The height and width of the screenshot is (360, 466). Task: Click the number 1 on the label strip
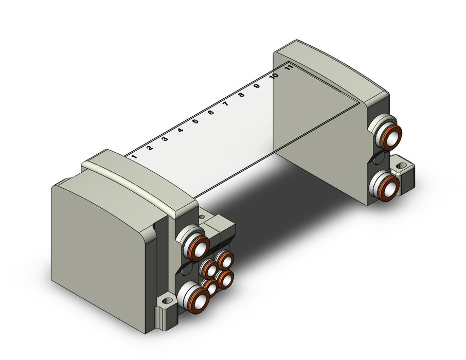(x=134, y=156)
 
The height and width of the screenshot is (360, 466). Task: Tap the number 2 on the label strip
(x=150, y=148)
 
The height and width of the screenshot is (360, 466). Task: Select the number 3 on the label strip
(x=165, y=139)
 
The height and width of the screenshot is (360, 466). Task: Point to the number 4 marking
(x=181, y=130)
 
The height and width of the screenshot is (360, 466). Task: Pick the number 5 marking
(x=195, y=121)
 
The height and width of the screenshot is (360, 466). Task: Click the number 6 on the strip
(x=211, y=112)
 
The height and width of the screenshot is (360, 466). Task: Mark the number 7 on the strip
(x=226, y=104)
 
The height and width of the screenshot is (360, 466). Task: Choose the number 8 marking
(x=241, y=95)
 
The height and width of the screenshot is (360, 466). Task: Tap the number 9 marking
(x=257, y=86)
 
